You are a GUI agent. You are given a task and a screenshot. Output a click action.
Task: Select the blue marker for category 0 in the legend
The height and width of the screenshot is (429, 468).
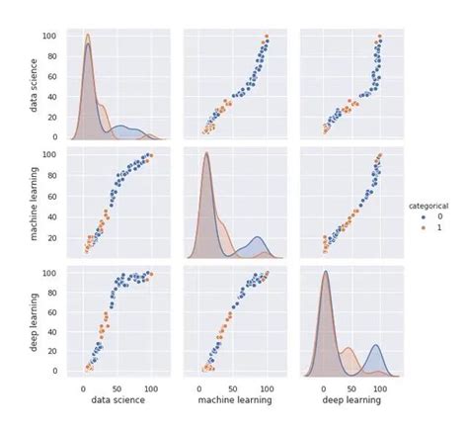click(419, 215)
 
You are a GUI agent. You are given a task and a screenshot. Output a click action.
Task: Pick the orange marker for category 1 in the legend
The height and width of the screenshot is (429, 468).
click(419, 227)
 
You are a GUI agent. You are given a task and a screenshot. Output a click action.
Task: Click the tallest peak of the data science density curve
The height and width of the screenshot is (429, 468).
click(87, 37)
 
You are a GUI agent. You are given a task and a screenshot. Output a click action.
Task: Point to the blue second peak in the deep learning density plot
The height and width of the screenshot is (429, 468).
click(376, 345)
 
